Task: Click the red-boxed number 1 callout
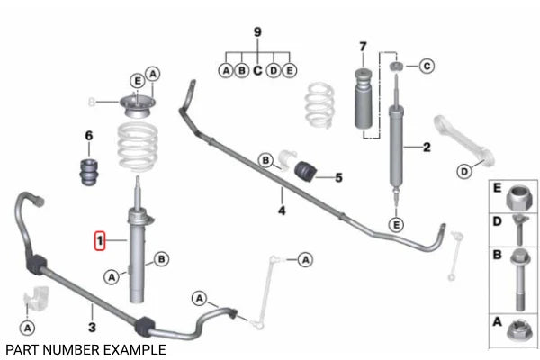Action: coord(100,240)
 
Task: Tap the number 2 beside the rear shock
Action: coord(427,147)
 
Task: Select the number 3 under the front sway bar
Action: coord(92,327)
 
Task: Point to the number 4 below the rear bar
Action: coord(282,210)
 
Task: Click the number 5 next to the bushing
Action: coord(339,178)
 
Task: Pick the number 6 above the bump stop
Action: coord(89,136)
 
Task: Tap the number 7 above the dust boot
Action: coord(363,47)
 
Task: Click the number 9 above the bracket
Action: coord(257,32)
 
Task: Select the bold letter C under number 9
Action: coord(257,70)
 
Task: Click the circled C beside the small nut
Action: coord(427,66)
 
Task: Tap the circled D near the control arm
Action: coord(464,171)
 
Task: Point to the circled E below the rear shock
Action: coord(396,225)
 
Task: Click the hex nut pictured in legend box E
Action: coord(519,198)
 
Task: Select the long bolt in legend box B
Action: coord(519,280)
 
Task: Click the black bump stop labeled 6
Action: coord(89,172)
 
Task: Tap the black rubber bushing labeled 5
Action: coord(305,170)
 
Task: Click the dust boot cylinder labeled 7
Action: coord(364,98)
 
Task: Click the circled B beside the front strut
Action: coord(161,258)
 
